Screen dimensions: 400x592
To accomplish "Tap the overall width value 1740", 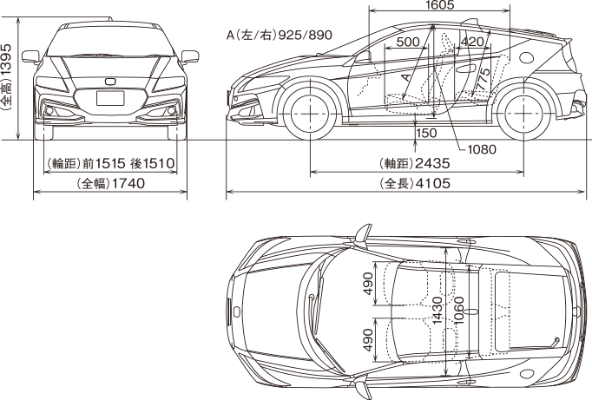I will pos(127,184).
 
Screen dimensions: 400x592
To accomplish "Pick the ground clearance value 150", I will pos(427,134).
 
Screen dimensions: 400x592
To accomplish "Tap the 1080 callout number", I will pos(481,148).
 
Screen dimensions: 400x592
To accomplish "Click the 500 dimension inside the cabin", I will pos(408,42).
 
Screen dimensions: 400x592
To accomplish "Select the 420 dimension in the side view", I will pos(472,42).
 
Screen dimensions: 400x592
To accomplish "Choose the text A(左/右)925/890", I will pos(279,36).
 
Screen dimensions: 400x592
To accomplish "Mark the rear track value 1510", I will pos(161,163).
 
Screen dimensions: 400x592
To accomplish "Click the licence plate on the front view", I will pos(110,98).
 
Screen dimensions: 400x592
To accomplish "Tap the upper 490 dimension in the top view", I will pos(368,283).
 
